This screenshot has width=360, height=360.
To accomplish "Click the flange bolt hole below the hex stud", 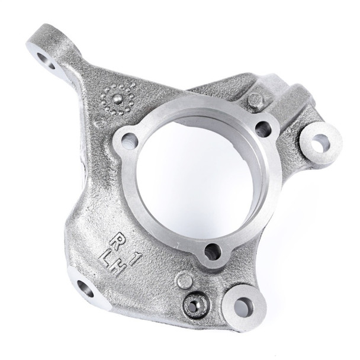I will [x=263, y=129].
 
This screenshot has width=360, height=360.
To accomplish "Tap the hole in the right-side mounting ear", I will [x=320, y=142].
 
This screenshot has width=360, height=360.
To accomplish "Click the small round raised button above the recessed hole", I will [x=185, y=280].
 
